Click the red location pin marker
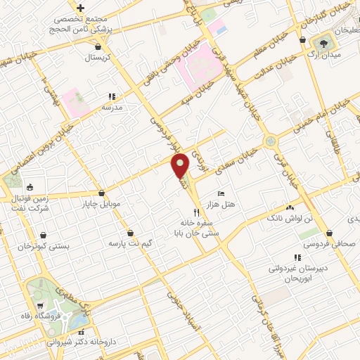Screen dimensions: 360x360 (x=181, y=167)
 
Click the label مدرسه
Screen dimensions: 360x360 (x=112, y=107)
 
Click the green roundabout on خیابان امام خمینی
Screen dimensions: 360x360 (x=271, y=142)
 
